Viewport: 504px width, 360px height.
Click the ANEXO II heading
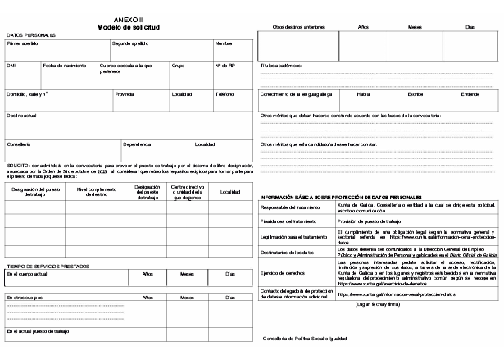pos(128,18)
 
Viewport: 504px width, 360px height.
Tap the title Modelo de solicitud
pos(128,26)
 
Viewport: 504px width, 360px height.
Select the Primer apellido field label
pos(23,43)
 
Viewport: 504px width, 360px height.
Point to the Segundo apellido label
pos(129,43)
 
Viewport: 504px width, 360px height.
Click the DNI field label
pos(11,65)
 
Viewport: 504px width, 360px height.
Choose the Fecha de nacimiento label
pos(63,65)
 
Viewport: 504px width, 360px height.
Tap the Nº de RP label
pos(225,65)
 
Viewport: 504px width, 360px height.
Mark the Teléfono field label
pos(225,93)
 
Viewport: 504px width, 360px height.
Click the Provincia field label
pos(125,93)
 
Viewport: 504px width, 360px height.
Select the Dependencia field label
pos(137,144)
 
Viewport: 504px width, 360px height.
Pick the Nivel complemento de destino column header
pos(97,192)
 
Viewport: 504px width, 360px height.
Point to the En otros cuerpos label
pos(25,297)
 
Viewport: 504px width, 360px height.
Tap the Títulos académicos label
pos(281,64)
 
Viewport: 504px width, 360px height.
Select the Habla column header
pos(363,93)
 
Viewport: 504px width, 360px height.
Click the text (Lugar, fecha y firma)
pos(377,304)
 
